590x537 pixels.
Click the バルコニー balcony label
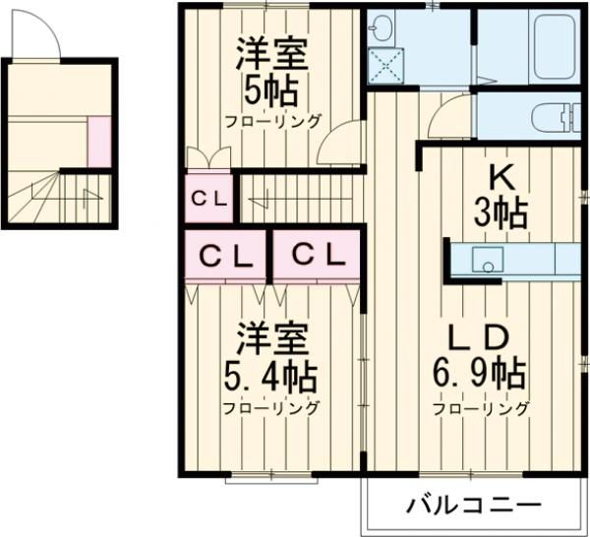click(474, 505)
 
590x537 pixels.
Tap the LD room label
click(480, 337)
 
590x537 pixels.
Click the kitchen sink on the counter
click(488, 260)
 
